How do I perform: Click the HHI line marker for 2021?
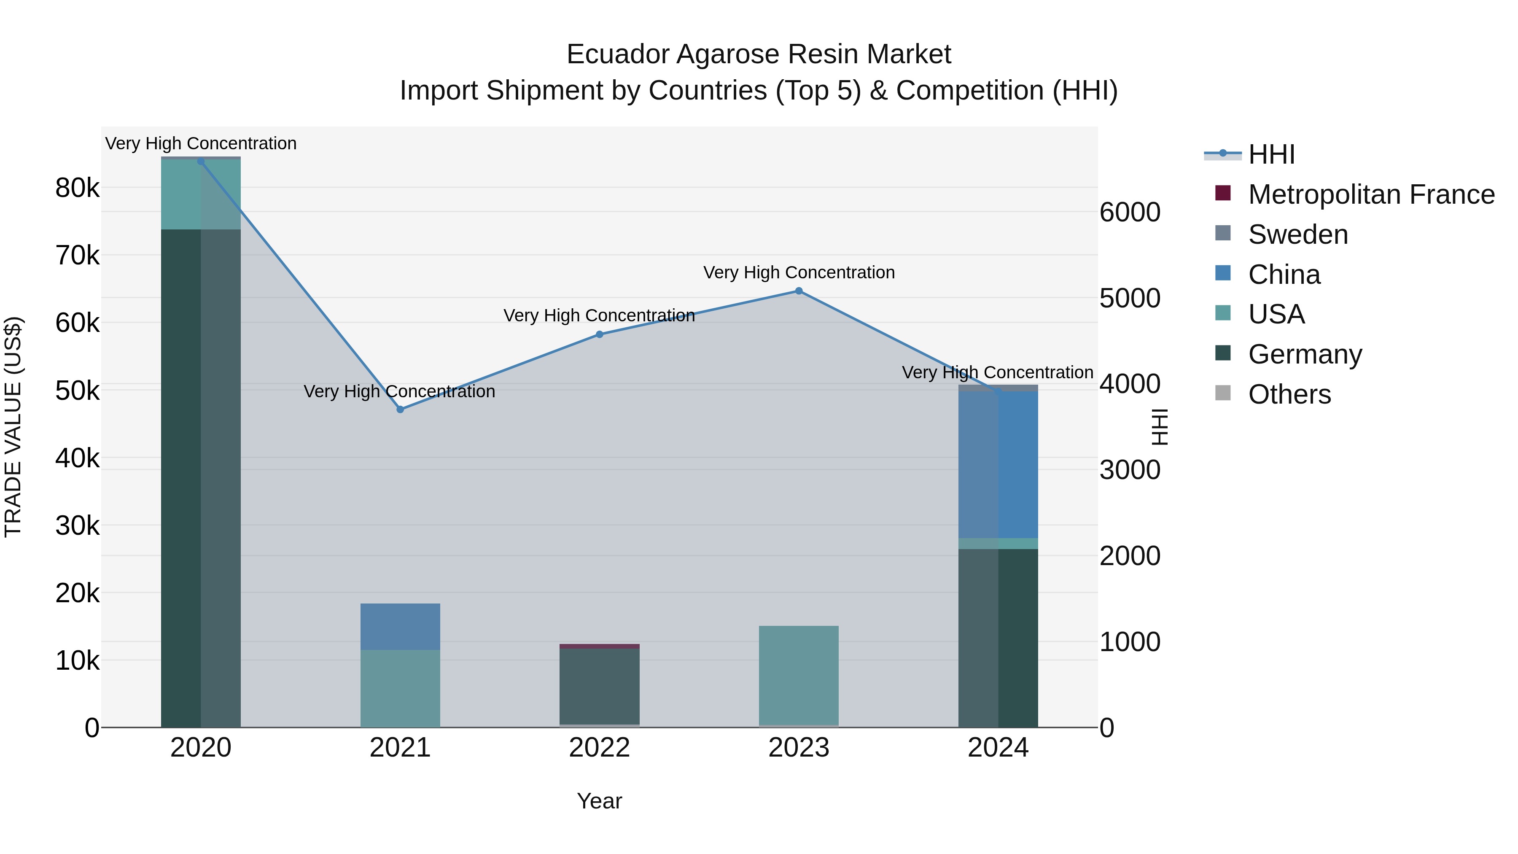(400, 409)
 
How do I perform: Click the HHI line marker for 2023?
(799, 291)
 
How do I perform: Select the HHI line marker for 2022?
(599, 334)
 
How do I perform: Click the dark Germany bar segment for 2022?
(599, 686)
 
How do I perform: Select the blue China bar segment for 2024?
(998, 464)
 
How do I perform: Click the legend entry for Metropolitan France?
(1371, 194)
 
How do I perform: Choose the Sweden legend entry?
(1297, 234)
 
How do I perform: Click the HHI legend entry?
(1271, 154)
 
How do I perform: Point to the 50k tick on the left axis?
(77, 390)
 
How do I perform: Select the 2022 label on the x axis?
(599, 748)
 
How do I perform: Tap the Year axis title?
(599, 801)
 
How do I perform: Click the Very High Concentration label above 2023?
(799, 272)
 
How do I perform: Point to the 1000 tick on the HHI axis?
(1130, 642)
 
